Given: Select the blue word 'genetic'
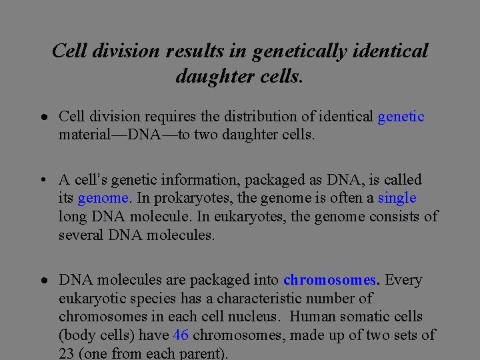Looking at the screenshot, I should tap(401, 117).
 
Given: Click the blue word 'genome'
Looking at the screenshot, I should tap(103, 198).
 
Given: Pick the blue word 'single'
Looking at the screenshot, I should tap(397, 198).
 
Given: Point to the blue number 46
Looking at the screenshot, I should tap(181, 335).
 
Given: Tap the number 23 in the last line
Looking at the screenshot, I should tap(67, 354).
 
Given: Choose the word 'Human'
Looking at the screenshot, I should tap(314, 317).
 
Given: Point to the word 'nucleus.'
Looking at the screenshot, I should tap(254, 317).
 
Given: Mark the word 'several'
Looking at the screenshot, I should tap(81, 235).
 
